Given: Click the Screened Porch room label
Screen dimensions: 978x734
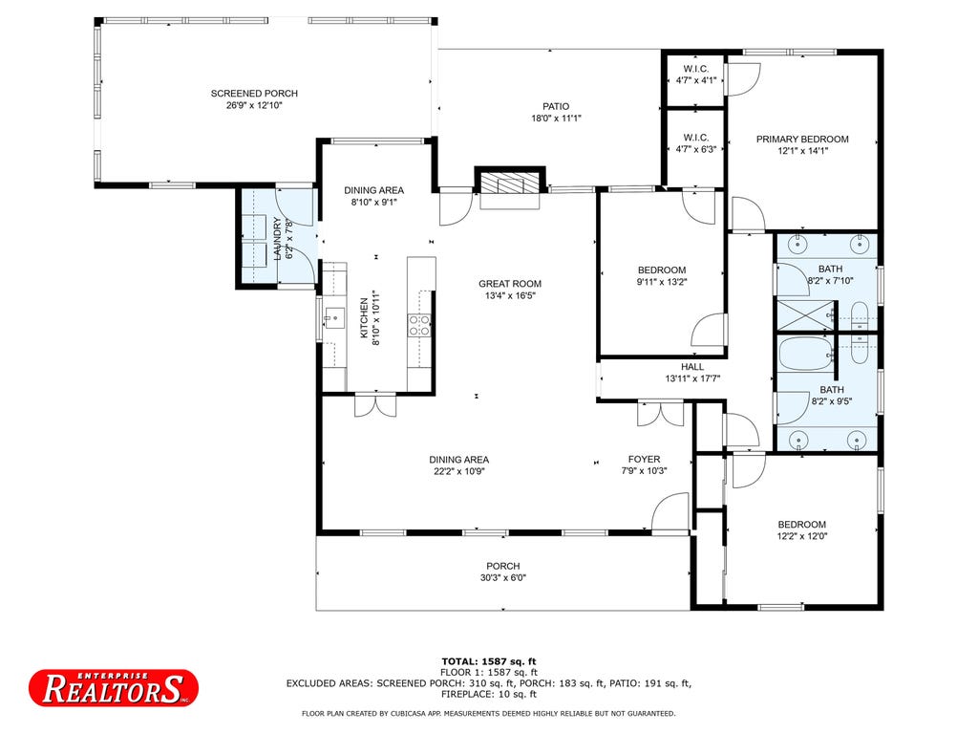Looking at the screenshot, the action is (x=254, y=94).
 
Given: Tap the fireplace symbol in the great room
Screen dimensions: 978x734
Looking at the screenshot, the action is (x=510, y=184).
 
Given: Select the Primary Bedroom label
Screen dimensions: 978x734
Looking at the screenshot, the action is (x=802, y=140).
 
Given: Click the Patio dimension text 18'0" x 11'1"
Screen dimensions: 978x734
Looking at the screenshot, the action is (x=556, y=118).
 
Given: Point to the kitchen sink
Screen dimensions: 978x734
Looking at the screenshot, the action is (x=333, y=317).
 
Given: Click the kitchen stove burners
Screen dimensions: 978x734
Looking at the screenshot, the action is (x=419, y=325).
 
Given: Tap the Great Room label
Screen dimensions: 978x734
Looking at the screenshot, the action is (x=510, y=283).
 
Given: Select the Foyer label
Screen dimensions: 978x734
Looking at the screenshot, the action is (x=644, y=460).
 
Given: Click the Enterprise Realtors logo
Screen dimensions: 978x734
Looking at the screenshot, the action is (x=114, y=688).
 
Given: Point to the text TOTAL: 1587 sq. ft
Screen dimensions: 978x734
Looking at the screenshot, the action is (x=489, y=661).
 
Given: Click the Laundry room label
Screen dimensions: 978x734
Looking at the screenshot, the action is (x=278, y=238).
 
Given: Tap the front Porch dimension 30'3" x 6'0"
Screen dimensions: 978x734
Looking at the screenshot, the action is (x=502, y=578).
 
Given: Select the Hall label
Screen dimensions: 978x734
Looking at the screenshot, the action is (x=692, y=367).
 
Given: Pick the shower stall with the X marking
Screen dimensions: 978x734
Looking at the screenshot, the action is (x=804, y=315).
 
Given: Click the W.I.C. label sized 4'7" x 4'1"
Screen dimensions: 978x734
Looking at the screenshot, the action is (x=696, y=69).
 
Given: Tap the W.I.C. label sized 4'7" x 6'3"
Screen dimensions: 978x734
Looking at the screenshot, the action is (x=696, y=138).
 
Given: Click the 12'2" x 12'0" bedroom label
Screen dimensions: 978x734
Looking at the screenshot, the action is (x=801, y=525).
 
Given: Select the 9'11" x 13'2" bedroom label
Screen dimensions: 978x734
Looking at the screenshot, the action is (x=662, y=270).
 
